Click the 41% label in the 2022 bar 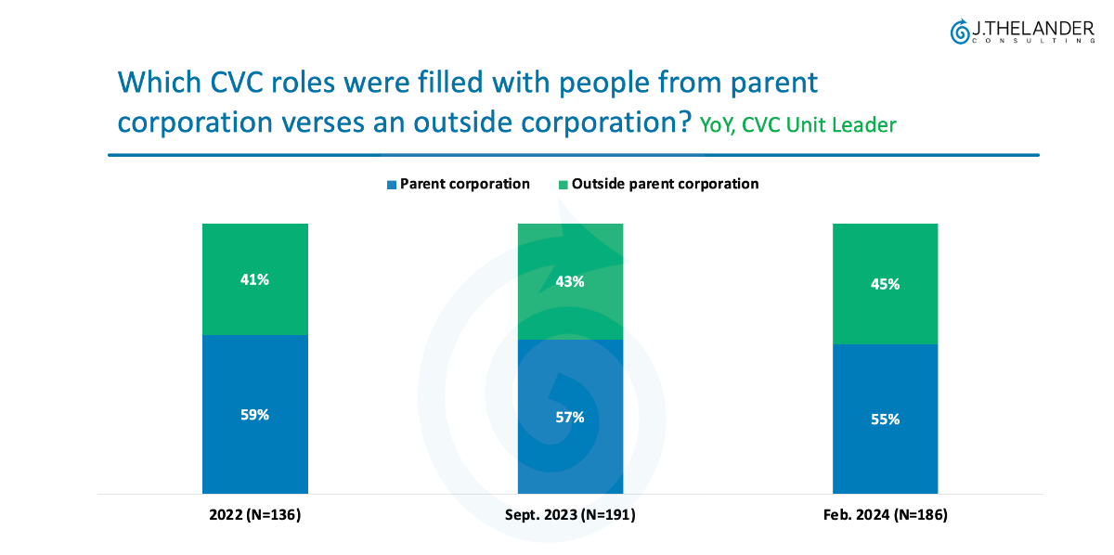[x=254, y=278]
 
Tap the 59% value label [x=254, y=415]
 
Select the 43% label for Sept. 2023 [x=570, y=281]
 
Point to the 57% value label [x=570, y=418]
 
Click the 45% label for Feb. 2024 [x=885, y=284]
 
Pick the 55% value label [x=885, y=419]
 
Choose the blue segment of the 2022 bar [x=254, y=455]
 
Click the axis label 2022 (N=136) [x=254, y=513]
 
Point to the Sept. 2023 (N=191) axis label [x=570, y=513]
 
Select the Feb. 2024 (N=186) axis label [x=885, y=513]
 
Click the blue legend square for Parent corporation [x=392, y=184]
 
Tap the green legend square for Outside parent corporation [x=563, y=184]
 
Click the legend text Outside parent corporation [x=665, y=184]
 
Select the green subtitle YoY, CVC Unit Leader [x=797, y=124]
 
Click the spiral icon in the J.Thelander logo [x=959, y=32]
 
